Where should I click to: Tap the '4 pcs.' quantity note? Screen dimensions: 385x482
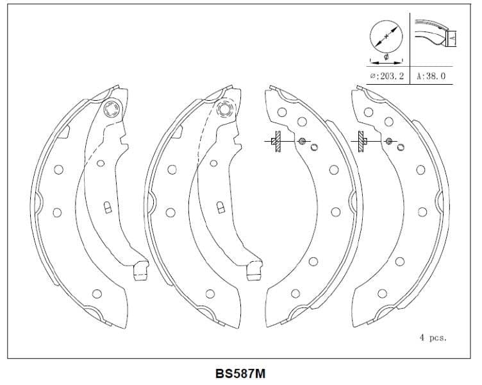point(433,337)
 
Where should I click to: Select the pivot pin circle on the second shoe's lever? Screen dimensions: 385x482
point(224,109)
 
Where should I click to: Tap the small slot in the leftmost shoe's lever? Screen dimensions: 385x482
point(108,207)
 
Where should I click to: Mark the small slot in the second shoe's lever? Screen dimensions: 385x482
point(220,208)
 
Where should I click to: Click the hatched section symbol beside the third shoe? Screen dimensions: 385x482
point(276,142)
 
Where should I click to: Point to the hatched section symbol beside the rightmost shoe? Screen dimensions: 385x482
point(361,142)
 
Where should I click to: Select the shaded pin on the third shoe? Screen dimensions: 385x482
point(302,141)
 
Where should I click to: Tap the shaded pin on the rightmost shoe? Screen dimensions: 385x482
point(388,141)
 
